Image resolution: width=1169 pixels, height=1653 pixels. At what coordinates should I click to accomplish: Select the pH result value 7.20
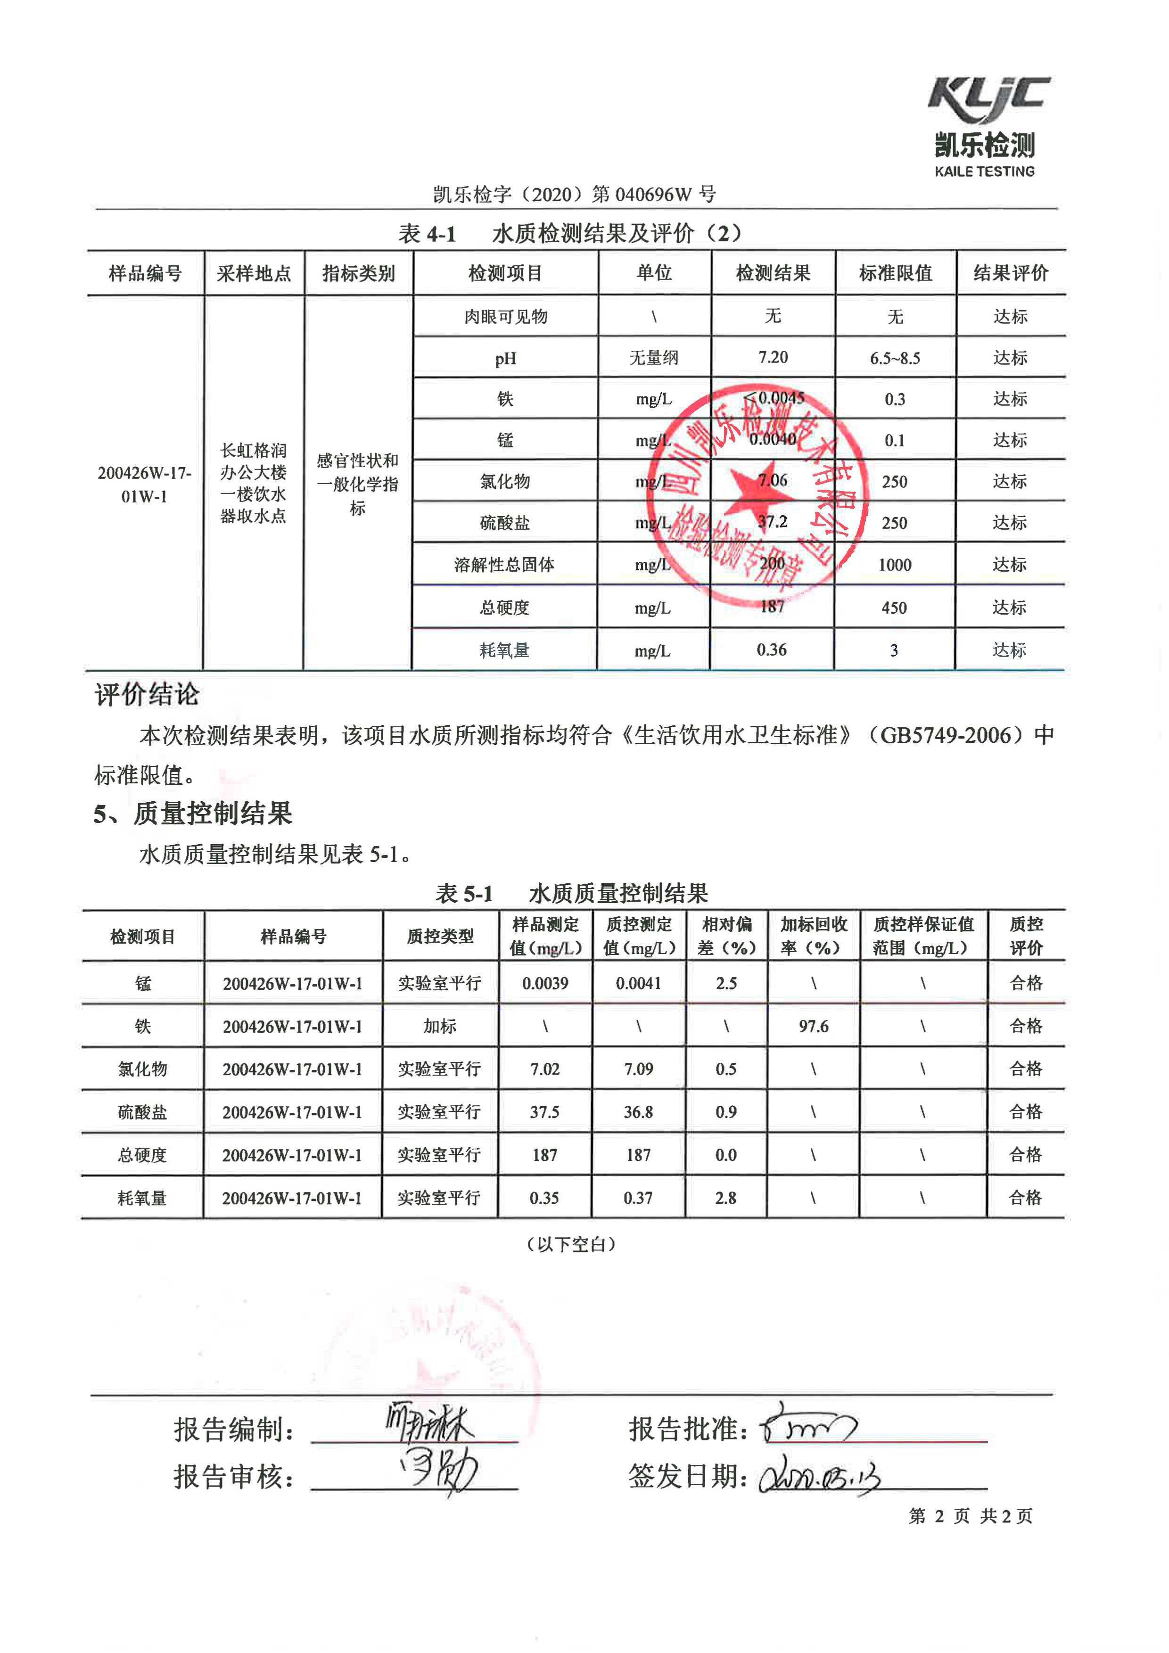pos(773,357)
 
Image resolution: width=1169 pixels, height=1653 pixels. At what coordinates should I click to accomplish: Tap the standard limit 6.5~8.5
pos(895,358)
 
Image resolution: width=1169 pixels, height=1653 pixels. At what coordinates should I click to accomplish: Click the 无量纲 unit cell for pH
pos(654,358)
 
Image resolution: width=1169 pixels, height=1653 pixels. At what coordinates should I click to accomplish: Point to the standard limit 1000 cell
pos(895,565)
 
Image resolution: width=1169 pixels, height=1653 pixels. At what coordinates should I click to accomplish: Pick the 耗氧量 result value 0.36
pos(772,650)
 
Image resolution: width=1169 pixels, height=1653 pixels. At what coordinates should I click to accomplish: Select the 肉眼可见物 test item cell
pos(505,317)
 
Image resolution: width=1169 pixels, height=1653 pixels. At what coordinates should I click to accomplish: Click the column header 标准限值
pos(896,273)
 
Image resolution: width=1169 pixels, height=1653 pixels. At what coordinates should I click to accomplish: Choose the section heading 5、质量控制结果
pos(193,814)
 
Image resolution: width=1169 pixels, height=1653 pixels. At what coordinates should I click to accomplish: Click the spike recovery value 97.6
pos(814,1026)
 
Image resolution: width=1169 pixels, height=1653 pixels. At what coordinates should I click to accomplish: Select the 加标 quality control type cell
pos(440,1026)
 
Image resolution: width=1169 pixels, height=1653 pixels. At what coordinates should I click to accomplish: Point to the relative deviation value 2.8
pos(725,1198)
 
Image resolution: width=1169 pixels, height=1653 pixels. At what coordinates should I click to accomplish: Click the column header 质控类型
pos(440,936)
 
